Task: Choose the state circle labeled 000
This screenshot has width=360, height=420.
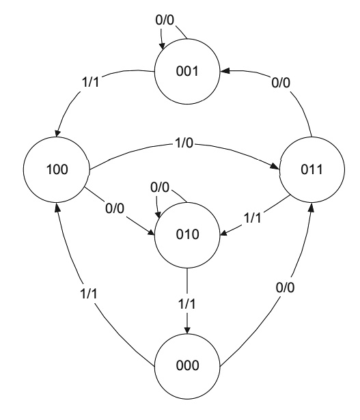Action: pos(186,365)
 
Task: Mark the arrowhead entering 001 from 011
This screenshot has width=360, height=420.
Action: pos(224,70)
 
